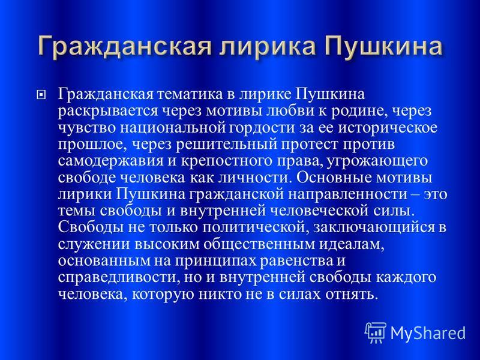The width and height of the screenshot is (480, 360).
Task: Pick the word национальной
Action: point(173,128)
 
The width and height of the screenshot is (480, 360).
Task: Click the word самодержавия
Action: point(111,161)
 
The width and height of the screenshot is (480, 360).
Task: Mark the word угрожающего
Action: point(377,161)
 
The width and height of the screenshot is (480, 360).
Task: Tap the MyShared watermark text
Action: point(428,333)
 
